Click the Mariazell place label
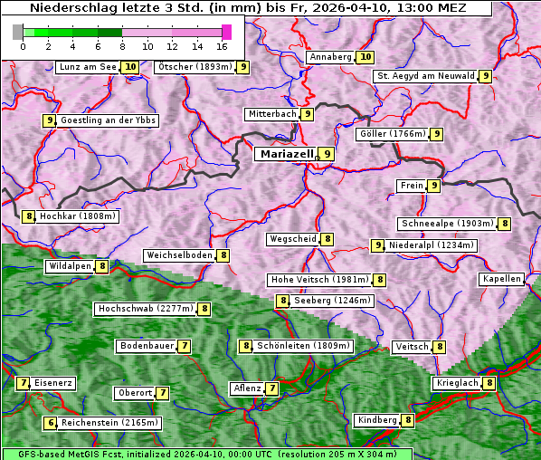[x=284, y=154]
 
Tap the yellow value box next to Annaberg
[x=365, y=57]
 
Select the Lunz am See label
[x=87, y=67]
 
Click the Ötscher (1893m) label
[x=195, y=67]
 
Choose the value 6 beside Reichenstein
[x=51, y=423]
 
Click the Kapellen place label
[x=501, y=279]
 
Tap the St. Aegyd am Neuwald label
[x=425, y=76]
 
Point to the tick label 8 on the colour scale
[x=121, y=45]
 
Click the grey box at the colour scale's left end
[x=18, y=32]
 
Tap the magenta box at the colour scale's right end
[x=226, y=32]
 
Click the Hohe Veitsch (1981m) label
[x=320, y=280]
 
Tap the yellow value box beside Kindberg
[x=408, y=420]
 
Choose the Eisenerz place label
[x=52, y=383]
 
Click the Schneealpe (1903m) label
[x=447, y=224]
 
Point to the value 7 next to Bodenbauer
[x=184, y=346]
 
